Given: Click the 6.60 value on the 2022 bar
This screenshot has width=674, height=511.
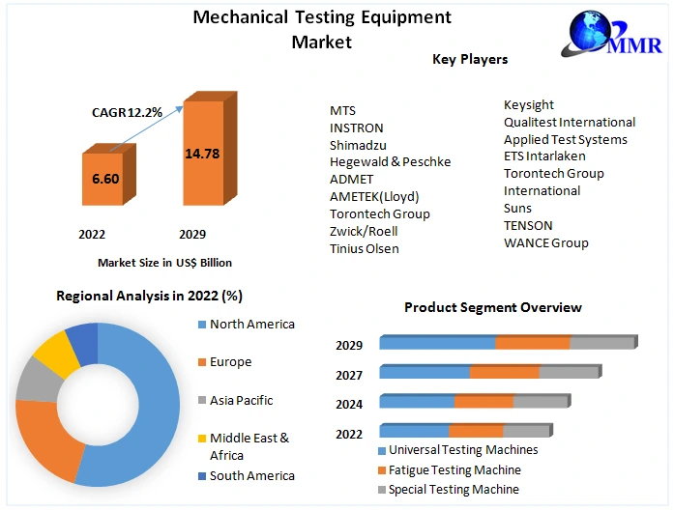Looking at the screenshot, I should (104, 179).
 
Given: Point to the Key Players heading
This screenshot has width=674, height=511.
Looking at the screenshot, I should (470, 60).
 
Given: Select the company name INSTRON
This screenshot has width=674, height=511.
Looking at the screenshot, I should (356, 128).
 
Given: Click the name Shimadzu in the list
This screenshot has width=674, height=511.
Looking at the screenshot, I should (358, 145).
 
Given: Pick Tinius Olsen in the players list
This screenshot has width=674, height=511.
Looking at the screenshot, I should (364, 248).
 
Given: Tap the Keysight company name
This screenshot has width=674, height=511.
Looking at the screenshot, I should (529, 104).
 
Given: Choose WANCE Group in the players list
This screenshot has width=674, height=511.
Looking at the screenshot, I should (545, 242).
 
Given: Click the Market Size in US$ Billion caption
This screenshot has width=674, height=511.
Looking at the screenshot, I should (164, 262).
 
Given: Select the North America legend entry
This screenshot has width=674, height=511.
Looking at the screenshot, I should (251, 325).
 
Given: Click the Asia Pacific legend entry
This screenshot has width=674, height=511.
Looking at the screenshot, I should (241, 400).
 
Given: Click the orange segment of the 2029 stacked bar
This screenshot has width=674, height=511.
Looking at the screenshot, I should (533, 343).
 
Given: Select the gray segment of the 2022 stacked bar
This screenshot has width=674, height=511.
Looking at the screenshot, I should (526, 431).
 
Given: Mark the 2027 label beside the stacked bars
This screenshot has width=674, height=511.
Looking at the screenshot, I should (349, 375).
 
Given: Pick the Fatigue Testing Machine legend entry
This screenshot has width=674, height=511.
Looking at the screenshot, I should (454, 470).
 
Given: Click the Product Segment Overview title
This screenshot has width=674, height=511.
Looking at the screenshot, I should (492, 307).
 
